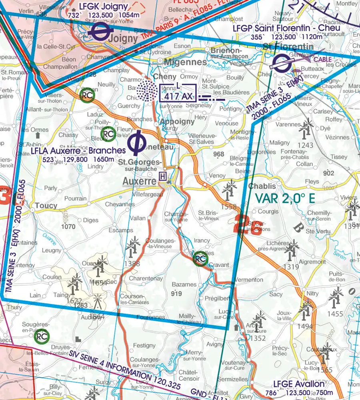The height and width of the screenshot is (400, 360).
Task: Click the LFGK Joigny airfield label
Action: coord(103,7)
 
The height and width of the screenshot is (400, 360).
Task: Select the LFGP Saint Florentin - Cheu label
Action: coord(286,28)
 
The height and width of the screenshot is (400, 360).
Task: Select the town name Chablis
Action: coord(262,186)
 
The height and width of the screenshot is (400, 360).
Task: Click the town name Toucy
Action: coord(46,206)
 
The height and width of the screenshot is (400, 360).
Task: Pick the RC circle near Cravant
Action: coord(200,259)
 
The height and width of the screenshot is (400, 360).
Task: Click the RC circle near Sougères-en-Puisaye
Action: coord(42,337)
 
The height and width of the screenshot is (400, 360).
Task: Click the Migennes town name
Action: coord(187,62)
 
